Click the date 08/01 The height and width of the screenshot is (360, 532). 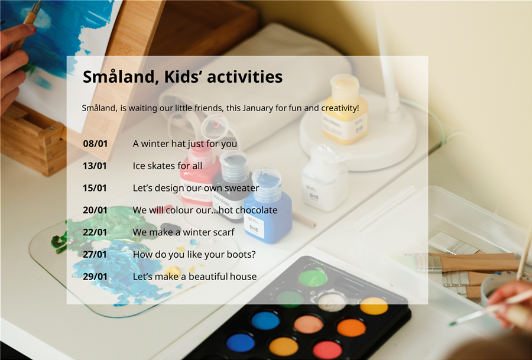(95, 144)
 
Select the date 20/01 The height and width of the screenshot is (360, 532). (95, 210)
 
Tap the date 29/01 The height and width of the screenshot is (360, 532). (95, 277)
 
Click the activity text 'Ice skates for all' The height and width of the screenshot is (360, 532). (167, 166)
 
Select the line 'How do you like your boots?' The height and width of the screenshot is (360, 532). (194, 254)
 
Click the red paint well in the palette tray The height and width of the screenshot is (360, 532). (327, 350)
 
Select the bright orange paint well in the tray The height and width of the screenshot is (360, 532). (351, 327)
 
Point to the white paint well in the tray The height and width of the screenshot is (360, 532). (332, 302)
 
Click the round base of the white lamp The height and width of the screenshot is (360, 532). (358, 136)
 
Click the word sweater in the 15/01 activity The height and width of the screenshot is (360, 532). (242, 188)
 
